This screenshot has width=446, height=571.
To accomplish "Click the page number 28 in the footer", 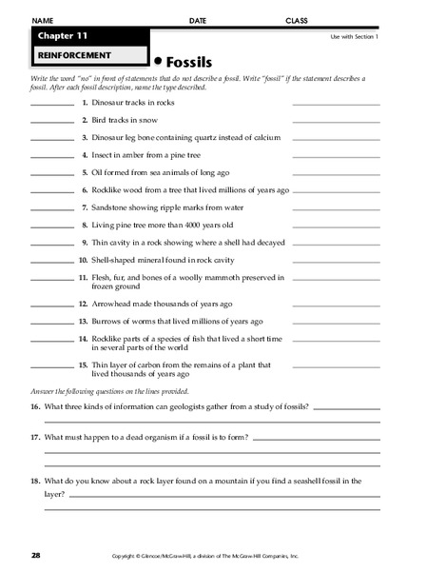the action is click(x=35, y=553).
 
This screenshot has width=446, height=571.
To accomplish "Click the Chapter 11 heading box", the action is click(x=59, y=35).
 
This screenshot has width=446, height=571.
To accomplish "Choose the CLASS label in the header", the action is click(x=299, y=20).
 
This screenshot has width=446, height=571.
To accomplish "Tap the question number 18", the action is click(x=35, y=481).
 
